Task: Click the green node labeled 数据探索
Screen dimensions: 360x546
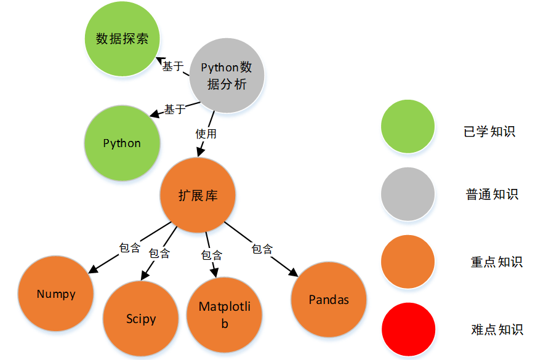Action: click(x=122, y=39)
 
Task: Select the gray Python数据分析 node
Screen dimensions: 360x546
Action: click(x=227, y=76)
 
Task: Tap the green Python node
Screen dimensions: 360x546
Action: click(x=122, y=143)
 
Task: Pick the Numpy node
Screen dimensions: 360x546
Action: click(x=56, y=294)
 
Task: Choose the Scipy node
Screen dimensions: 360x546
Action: click(x=141, y=319)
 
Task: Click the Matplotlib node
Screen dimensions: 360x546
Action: click(x=225, y=314)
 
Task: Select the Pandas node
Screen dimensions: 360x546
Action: click(x=329, y=300)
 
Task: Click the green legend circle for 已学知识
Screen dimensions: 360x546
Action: click(x=407, y=127)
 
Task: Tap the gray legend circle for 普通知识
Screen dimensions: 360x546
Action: click(x=407, y=194)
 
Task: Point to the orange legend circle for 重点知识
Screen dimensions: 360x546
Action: click(x=407, y=262)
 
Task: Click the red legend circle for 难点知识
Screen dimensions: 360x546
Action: click(x=407, y=329)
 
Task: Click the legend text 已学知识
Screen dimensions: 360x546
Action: click(x=489, y=132)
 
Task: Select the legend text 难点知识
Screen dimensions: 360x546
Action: click(x=497, y=329)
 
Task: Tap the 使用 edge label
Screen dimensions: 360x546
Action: click(x=206, y=133)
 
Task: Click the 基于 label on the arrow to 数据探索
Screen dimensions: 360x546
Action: click(x=172, y=66)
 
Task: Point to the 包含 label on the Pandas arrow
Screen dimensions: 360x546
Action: click(x=262, y=249)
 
